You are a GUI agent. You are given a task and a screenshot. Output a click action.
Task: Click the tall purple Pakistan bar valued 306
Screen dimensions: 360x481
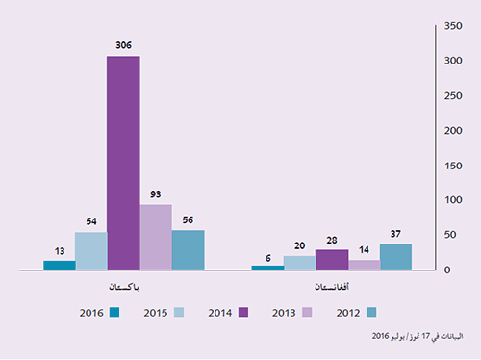123,163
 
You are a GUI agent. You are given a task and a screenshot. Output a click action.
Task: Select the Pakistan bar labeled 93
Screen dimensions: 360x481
156,237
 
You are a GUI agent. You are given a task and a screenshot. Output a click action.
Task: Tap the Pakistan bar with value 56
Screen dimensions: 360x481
188,249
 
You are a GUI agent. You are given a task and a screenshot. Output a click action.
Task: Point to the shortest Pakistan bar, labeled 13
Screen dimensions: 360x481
60,265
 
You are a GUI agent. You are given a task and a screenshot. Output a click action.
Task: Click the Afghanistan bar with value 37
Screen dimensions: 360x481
395,257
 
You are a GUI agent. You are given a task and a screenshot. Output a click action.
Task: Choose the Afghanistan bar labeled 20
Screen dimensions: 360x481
299,263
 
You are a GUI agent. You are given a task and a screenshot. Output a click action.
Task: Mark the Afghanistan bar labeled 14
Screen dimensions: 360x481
364,265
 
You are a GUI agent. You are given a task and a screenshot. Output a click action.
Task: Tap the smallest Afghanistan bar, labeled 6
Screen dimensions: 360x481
267,268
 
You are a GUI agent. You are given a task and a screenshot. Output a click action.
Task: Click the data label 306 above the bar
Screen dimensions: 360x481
123,45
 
